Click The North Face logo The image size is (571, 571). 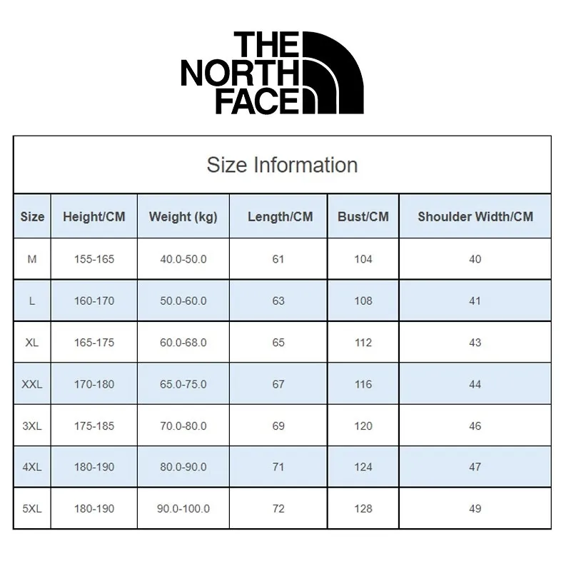tap(273, 73)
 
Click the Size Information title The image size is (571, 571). tap(282, 165)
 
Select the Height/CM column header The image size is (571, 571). tap(94, 216)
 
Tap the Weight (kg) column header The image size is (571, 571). tap(183, 216)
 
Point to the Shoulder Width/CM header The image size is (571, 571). tap(475, 216)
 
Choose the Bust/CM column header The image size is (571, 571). tap(363, 216)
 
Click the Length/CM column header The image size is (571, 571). tap(280, 216)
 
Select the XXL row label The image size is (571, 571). tap(32, 384)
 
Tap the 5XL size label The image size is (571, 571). tap(32, 508)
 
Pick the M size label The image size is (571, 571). tap(32, 259)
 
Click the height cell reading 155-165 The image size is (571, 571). tap(94, 259)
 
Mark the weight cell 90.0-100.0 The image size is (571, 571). tap(183, 508)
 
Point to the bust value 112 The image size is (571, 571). tap(363, 343)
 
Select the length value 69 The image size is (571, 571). tap(278, 426)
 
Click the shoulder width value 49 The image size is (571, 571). tap(475, 508)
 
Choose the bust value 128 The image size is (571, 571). tap(363, 508)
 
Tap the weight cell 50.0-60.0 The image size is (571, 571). tap(183, 300)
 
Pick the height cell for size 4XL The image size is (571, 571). tap(94, 468)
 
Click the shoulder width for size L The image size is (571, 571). tap(475, 300)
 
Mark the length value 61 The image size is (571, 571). tap(278, 259)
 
